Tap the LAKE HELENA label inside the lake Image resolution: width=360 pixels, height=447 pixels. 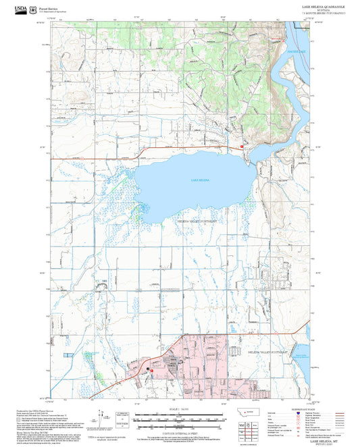(200, 180)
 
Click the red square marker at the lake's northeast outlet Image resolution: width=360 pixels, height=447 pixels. (242, 146)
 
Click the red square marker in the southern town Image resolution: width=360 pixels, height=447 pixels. (153, 371)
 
